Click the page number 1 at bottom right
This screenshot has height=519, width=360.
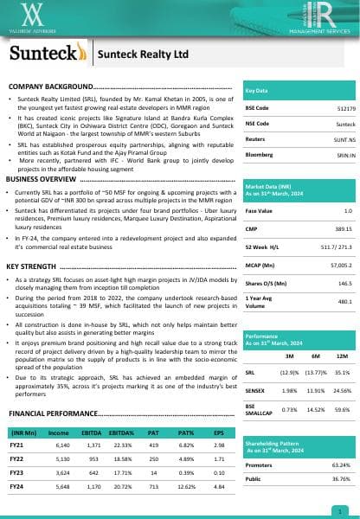pyautogui.click(x=344, y=511)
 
